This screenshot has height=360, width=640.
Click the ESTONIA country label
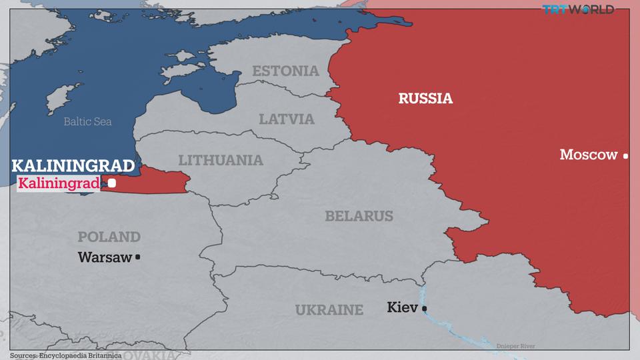pyautogui.click(x=285, y=71)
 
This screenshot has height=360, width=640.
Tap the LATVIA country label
pyautogui.click(x=287, y=119)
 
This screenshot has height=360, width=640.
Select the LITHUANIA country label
pyautogui.click(x=221, y=161)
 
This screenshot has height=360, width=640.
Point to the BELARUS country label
pyautogui.click(x=359, y=216)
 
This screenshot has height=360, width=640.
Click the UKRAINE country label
pyautogui.click(x=329, y=309)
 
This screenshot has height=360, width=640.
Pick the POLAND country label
pyautogui.click(x=109, y=237)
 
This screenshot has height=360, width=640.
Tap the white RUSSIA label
pyautogui.click(x=425, y=99)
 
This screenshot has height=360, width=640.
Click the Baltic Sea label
pyautogui.click(x=87, y=121)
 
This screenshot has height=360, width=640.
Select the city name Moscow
pyautogui.click(x=589, y=155)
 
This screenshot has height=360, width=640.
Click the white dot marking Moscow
pyautogui.click(x=625, y=156)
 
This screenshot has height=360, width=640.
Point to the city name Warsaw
pyautogui.click(x=105, y=257)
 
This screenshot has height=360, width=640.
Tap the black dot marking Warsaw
pyautogui.click(x=138, y=257)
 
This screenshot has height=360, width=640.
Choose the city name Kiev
pyautogui.click(x=402, y=307)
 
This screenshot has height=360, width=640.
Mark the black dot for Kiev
pyautogui.click(x=424, y=308)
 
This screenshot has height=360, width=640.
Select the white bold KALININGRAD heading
pyautogui.click(x=73, y=166)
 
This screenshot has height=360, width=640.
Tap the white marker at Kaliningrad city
pyautogui.click(x=112, y=183)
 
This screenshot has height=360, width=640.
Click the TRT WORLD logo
pyautogui.click(x=577, y=9)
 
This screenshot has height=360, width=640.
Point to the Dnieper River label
pyautogui.click(x=515, y=346)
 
